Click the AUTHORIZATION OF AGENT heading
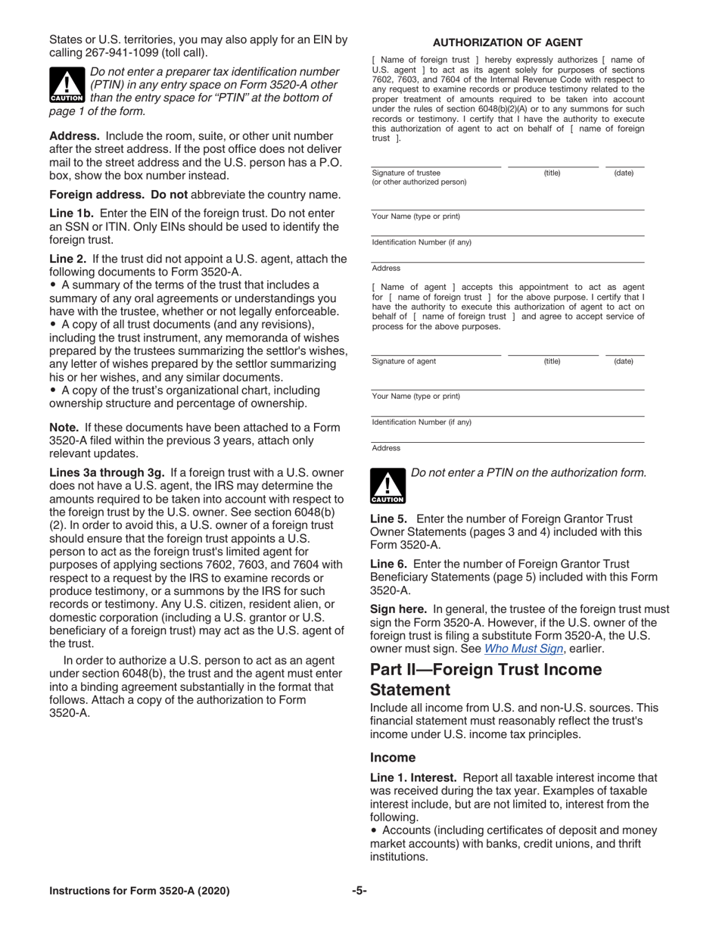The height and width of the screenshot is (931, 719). pyautogui.click(x=507, y=42)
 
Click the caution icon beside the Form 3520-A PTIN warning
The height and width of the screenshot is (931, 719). pyautogui.click(x=67, y=85)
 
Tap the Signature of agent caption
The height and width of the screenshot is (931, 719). pyautogui.click(x=404, y=361)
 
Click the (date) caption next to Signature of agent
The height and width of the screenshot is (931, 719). pyautogui.click(x=623, y=361)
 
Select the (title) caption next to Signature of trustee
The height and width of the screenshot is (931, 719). pyautogui.click(x=552, y=173)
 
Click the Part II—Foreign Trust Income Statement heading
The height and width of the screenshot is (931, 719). pyautogui.click(x=486, y=679)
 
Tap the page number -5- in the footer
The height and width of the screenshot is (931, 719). pyautogui.click(x=359, y=891)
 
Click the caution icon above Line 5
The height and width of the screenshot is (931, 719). pyautogui.click(x=388, y=486)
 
